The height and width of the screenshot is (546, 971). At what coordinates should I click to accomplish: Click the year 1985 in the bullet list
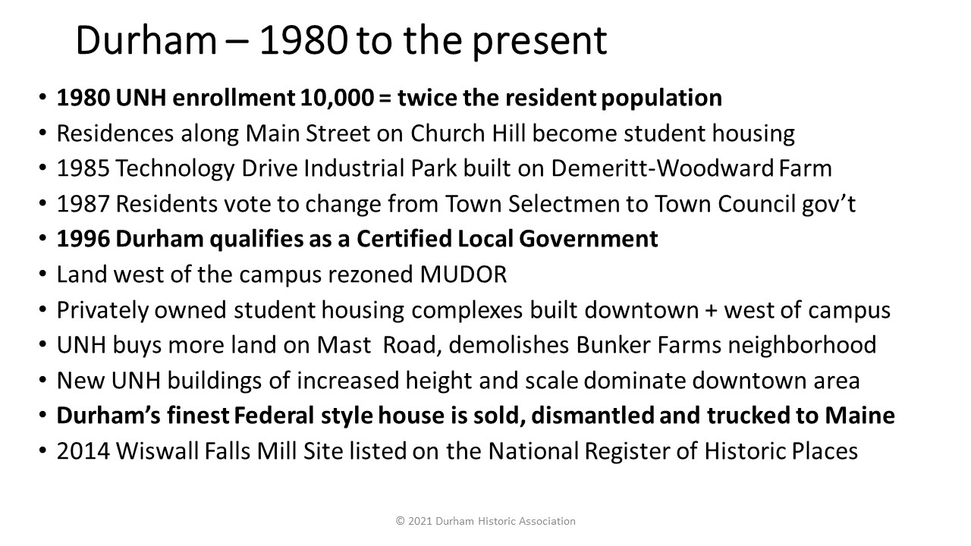[x=83, y=168]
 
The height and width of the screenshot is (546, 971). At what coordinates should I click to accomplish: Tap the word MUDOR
[x=464, y=275]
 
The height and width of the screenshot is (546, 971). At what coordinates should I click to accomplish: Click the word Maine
[x=859, y=416]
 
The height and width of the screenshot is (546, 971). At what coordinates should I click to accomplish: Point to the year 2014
[x=83, y=451]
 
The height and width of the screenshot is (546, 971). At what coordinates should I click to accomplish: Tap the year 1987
[x=83, y=204]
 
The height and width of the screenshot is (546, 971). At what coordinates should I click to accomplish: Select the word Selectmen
[x=564, y=204]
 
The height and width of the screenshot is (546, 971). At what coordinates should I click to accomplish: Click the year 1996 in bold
[x=83, y=239]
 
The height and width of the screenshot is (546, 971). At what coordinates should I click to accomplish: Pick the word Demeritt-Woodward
[x=662, y=168]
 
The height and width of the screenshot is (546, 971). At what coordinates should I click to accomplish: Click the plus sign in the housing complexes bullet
[x=711, y=311]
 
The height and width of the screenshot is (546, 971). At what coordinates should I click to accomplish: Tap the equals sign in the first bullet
[x=385, y=99]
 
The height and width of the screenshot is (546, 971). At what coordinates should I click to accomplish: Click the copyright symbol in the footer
[x=400, y=521]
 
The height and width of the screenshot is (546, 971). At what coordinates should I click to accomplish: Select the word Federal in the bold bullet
[x=274, y=416]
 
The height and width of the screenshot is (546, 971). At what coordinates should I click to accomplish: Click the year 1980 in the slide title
[x=303, y=41]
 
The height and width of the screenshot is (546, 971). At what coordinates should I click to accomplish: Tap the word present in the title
[x=539, y=42]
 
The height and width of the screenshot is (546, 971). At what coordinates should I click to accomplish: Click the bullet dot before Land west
[x=42, y=275]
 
